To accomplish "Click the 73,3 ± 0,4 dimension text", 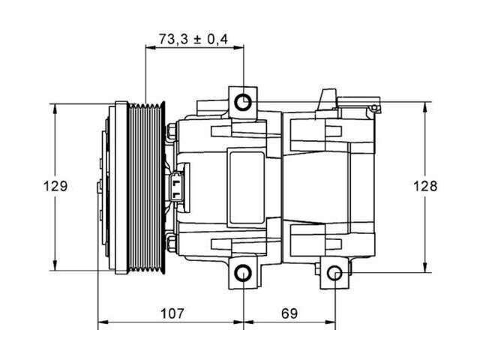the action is [x=193, y=39].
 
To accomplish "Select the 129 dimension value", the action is [x=55, y=186].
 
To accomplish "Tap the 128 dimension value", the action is [x=425, y=186].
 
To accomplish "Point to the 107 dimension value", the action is [x=172, y=313].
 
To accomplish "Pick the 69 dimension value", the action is [x=289, y=313].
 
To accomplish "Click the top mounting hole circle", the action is [x=243, y=102].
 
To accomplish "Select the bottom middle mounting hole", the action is [x=243, y=272].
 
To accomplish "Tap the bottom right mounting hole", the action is [x=334, y=273].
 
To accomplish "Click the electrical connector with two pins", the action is [x=176, y=187].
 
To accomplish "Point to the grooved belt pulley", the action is [x=146, y=187].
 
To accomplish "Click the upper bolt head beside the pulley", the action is [x=171, y=132].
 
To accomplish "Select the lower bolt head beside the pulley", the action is [x=171, y=243].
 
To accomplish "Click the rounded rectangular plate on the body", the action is [x=247, y=187].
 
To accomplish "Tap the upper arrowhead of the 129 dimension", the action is [x=55, y=109].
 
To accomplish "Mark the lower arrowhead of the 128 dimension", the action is [x=425, y=267].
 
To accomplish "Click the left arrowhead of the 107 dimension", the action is [x=103, y=322].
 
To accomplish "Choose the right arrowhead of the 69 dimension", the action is [x=330, y=322].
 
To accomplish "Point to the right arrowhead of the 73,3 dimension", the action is [x=238, y=47].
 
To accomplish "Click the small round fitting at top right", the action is [x=374, y=107].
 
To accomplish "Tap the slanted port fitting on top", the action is [x=327, y=100].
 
